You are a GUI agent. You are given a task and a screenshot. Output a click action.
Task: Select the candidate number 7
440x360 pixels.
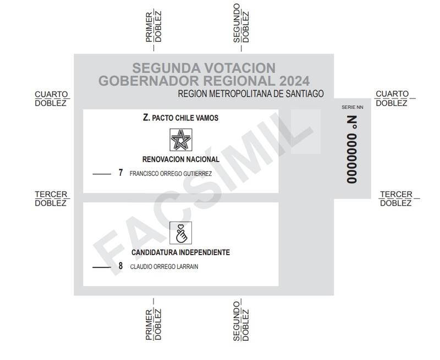point(120,173)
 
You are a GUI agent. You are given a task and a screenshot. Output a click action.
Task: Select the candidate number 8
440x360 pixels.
point(120,267)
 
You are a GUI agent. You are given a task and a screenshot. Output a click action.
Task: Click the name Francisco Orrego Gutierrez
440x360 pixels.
point(170,174)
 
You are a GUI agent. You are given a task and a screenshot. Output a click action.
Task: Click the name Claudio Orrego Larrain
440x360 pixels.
point(164,267)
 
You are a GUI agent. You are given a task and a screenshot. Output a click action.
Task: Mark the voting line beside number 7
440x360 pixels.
point(102,174)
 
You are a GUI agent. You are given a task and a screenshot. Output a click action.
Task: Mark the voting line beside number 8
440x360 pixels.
point(102,267)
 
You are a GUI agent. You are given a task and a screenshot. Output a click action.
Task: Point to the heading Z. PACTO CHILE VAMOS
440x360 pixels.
point(180,118)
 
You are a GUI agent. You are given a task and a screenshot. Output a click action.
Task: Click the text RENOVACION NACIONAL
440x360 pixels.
point(180,159)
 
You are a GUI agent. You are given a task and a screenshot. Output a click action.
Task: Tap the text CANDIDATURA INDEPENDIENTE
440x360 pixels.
point(180,253)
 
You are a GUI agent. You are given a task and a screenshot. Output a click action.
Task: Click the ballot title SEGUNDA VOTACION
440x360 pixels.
point(204,68)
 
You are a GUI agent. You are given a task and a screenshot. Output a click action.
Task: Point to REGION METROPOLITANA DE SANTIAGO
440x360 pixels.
point(251,94)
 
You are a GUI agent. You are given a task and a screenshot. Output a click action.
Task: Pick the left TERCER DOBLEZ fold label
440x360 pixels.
point(51,198)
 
